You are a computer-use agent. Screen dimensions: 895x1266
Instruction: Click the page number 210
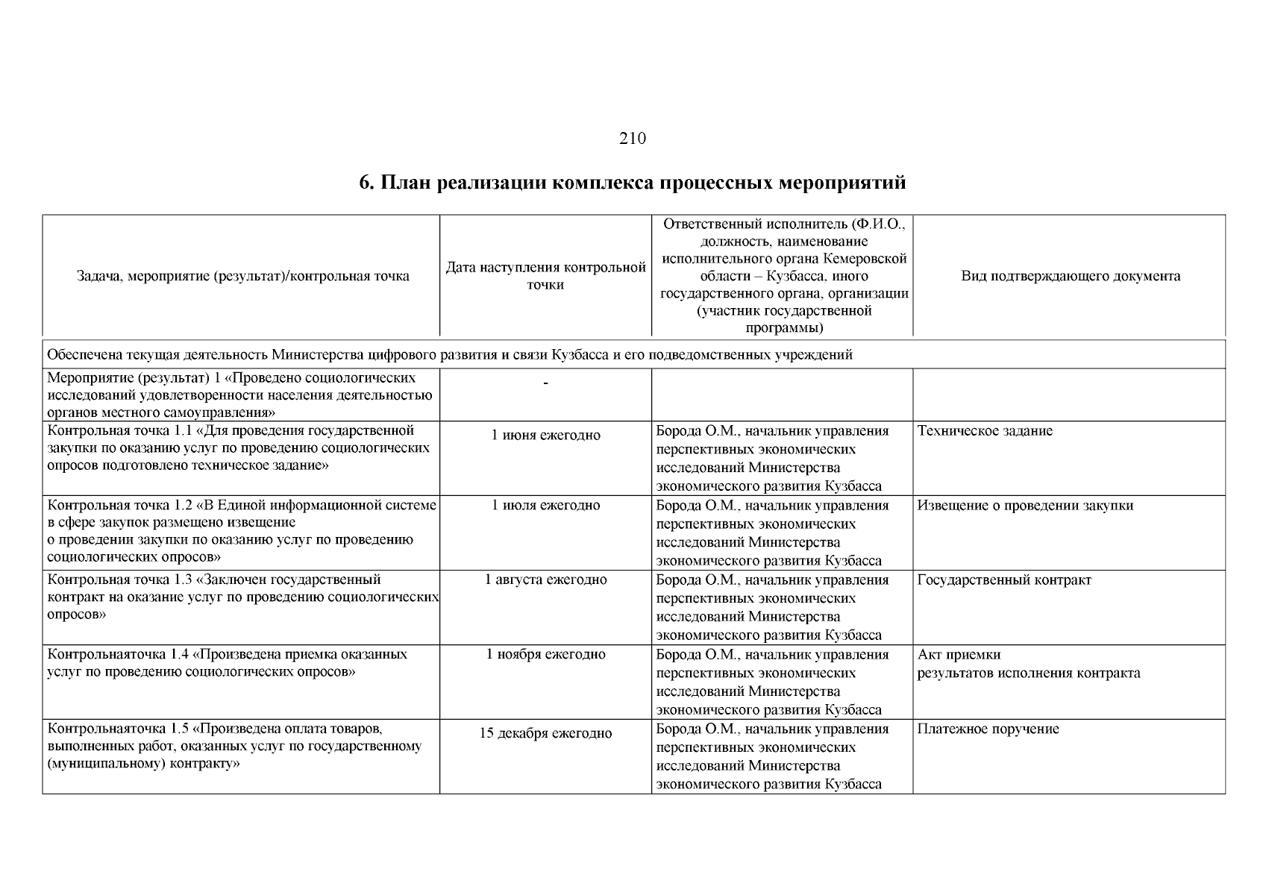632,138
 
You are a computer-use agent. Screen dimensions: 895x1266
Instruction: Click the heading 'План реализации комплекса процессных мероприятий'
633,182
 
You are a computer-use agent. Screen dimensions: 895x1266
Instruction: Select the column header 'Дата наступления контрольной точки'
545,276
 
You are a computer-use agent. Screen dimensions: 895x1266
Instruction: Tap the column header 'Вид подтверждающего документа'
1070,276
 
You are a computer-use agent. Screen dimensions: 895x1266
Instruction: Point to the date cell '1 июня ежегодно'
545,435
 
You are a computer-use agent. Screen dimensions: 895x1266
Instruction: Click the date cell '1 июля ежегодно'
545,505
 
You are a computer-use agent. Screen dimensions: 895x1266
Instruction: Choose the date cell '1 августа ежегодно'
545,580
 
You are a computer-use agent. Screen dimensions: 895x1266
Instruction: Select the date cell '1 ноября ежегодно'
545,654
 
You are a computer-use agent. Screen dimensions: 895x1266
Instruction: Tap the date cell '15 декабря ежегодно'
545,733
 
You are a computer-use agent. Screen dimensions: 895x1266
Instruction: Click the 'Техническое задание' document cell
985,430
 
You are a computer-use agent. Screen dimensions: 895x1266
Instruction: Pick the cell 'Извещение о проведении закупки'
1025,505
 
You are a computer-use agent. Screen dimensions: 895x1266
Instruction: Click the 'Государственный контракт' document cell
1004,580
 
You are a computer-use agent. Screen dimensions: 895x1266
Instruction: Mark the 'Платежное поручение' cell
988,729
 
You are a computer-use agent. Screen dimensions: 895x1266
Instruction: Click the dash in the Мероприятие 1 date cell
545,383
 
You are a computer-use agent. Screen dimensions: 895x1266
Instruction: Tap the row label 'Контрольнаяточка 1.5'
117,729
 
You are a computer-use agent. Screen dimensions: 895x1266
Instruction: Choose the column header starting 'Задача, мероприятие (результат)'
242,276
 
